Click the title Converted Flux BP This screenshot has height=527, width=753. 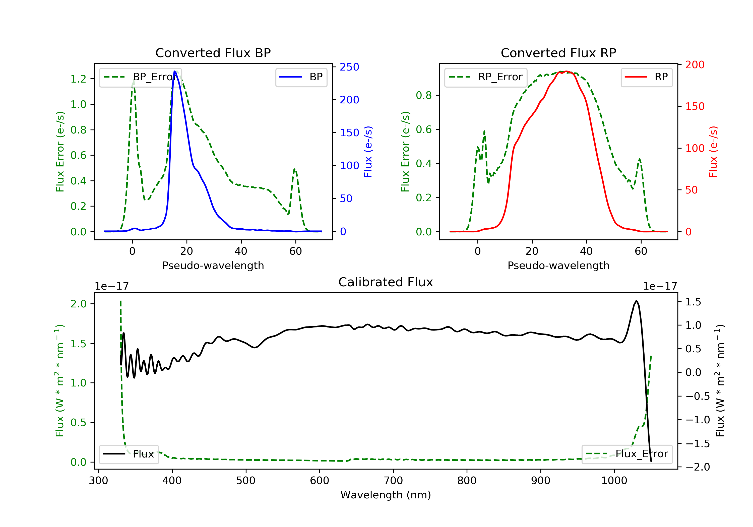(213, 53)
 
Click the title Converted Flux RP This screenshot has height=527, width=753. (558, 53)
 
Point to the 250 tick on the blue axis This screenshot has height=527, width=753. (349, 67)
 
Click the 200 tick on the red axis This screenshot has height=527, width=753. (695, 64)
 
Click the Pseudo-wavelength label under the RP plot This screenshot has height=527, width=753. (558, 265)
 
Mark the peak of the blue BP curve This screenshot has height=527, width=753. (175, 71)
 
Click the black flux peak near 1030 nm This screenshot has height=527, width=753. (636, 301)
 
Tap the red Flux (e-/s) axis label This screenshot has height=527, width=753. (713, 152)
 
